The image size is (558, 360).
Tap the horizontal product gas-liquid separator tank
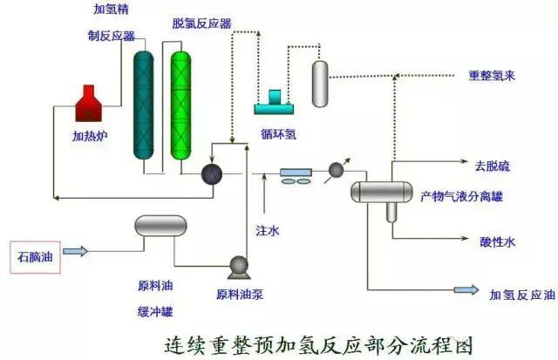click(x=380, y=189)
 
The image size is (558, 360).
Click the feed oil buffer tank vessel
click(x=160, y=227)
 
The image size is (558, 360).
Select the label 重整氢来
click(x=493, y=76)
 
